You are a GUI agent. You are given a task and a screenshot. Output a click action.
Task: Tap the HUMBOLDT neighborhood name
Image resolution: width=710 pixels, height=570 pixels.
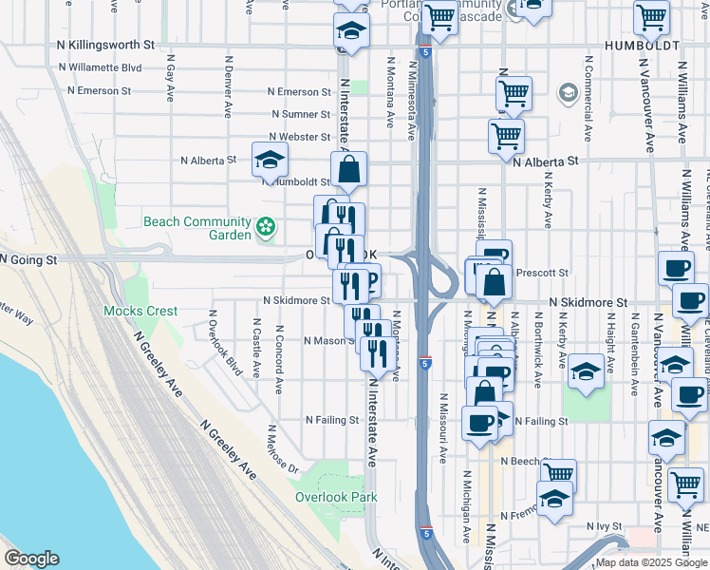point(643,46)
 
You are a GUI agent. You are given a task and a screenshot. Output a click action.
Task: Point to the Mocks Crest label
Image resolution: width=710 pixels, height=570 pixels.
point(140,312)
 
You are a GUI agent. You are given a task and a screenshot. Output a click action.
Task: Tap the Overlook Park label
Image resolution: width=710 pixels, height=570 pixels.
point(335,497)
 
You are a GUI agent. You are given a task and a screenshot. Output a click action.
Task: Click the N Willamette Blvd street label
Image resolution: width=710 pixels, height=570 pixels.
point(100,68)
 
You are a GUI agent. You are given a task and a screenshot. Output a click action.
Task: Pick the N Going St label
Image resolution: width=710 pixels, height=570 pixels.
point(28,258)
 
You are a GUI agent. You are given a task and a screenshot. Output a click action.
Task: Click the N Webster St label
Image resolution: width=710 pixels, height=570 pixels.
point(299,138)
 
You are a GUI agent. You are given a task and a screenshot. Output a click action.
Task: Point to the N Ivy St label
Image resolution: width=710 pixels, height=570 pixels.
point(603,525)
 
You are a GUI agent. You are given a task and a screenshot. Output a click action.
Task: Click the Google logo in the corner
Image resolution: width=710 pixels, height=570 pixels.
point(31,559)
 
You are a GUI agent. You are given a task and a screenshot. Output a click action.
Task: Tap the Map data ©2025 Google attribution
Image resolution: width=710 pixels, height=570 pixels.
point(650,562)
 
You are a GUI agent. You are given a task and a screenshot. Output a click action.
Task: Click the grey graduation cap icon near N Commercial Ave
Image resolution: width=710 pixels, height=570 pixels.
point(568,93)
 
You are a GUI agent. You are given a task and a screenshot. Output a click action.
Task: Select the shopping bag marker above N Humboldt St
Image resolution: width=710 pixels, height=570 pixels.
point(349,171)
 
